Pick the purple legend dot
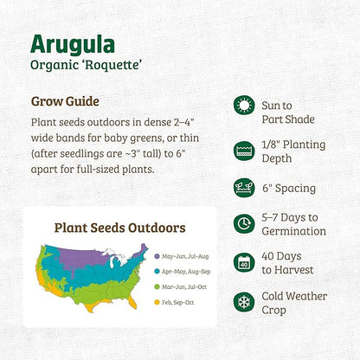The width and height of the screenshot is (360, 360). tap(157, 256)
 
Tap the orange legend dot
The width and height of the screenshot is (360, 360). tap(157, 302)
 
